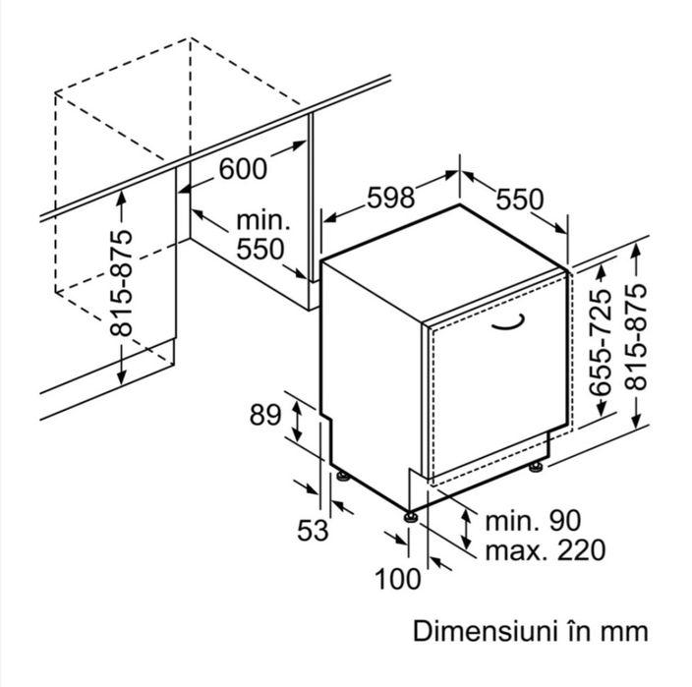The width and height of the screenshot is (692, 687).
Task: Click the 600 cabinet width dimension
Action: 243,169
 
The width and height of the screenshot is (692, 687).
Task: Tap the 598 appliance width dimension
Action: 391,198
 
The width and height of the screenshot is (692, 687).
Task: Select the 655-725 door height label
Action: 601,342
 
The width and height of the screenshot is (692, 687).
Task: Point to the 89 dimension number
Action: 264,415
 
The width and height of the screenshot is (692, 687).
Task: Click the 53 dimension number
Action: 313,530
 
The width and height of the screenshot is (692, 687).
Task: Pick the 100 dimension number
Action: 398,579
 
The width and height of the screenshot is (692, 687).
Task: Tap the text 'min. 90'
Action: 533,521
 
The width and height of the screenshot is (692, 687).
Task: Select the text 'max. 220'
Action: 545,550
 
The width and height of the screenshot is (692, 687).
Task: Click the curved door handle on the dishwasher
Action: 508,322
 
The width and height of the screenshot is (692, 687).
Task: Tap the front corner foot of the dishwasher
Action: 411,517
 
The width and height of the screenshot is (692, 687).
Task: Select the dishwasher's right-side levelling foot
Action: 537,467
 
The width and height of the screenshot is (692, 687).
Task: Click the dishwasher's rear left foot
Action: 343,477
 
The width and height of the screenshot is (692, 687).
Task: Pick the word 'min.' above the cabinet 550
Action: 263,221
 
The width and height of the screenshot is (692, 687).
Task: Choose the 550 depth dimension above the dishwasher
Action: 520,200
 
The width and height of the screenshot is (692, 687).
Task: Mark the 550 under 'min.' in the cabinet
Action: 259,250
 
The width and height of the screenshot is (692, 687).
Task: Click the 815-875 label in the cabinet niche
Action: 121,283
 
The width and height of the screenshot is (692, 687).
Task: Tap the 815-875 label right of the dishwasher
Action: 636,337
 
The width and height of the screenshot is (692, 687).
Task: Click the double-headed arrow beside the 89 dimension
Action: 298,421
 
